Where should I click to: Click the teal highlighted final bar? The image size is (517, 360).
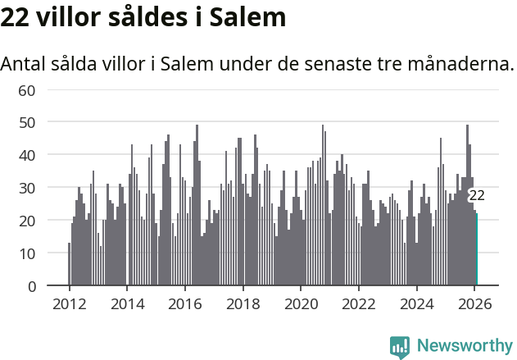pyautogui.click(x=477, y=250)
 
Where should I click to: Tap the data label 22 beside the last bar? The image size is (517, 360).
pyautogui.click(x=477, y=196)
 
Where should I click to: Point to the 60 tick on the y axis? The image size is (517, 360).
pyautogui.click(x=27, y=89)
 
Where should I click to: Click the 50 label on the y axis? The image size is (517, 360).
pyautogui.click(x=27, y=122)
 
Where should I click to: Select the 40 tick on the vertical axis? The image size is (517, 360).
pyautogui.click(x=27, y=155)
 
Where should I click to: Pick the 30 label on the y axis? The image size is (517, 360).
pyautogui.click(x=27, y=188)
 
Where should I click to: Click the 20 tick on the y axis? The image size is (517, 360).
pyautogui.click(x=27, y=221)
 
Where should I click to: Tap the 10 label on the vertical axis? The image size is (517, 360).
pyautogui.click(x=27, y=253)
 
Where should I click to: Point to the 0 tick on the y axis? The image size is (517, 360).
pyautogui.click(x=31, y=286)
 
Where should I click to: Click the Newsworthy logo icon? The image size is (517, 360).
pyautogui.click(x=400, y=347)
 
